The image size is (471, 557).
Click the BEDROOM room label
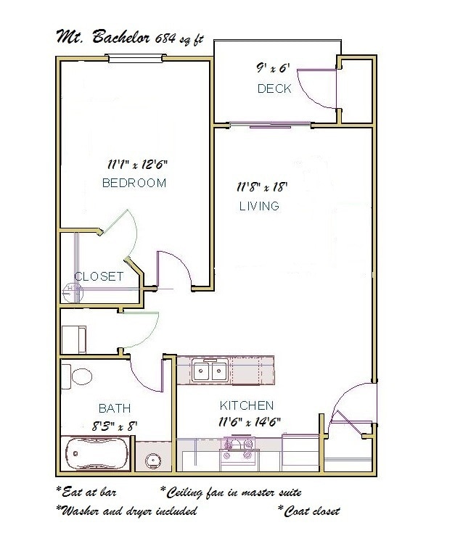click(134, 183)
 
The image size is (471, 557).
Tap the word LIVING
click(259, 206)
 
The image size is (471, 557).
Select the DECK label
click(274, 88)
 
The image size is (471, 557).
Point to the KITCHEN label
click(247, 405)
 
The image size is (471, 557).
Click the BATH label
click(115, 409)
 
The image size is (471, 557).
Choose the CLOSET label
click(99, 276)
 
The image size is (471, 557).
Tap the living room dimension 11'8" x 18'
click(262, 186)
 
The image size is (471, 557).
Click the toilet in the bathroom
click(77, 376)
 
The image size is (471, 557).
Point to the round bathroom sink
click(153, 460)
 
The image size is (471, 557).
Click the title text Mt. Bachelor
click(102, 38)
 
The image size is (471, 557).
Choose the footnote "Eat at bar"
click(86, 492)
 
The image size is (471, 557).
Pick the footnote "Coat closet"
click(308, 510)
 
